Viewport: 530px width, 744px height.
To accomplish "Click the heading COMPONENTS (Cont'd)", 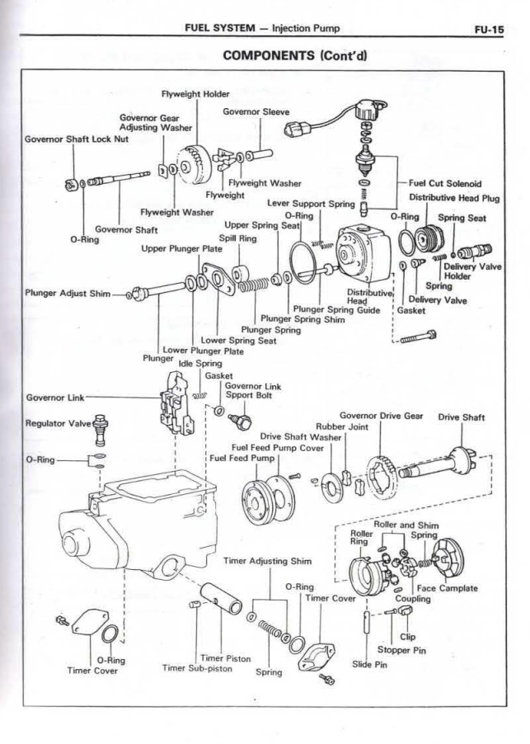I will coord(294,55).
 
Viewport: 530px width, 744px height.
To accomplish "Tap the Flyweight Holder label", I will coord(195,95).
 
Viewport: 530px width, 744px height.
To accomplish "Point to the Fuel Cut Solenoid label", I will coord(445,184).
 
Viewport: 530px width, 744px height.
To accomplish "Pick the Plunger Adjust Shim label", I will coord(66,293).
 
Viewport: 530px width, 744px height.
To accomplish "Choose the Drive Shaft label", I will coord(462,417).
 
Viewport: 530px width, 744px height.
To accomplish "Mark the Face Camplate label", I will coord(447,588).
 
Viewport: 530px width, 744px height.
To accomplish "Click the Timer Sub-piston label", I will coord(197,668).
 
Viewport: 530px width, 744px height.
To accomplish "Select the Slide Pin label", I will coord(369,665).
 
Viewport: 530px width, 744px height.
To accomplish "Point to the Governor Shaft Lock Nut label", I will coord(76,139).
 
